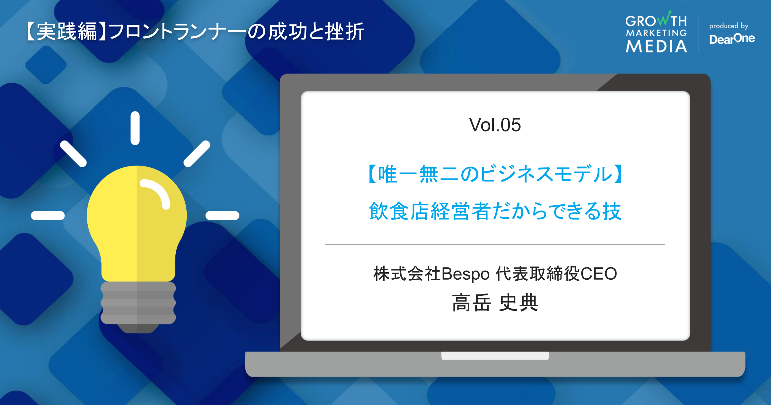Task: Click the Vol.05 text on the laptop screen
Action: (x=495, y=125)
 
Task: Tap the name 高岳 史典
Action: (x=495, y=303)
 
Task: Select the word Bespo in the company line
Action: (x=465, y=274)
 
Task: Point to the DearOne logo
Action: (x=732, y=39)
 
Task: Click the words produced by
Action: (x=729, y=26)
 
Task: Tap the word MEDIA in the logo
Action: (x=656, y=46)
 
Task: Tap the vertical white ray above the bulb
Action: (x=135, y=128)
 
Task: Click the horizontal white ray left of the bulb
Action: (x=48, y=215)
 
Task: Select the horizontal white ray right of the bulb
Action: (x=222, y=215)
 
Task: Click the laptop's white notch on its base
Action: (x=495, y=355)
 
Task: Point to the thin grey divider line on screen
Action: (x=495, y=244)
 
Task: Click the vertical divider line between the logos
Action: (x=698, y=34)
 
